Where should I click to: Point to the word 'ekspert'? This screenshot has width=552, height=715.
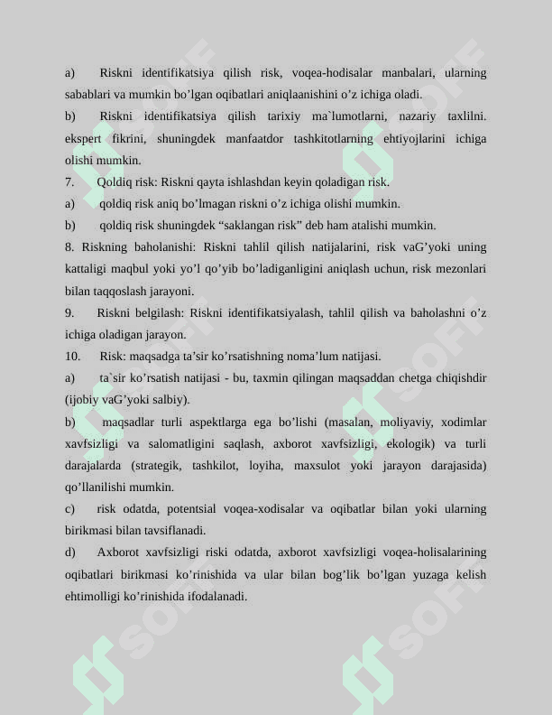pos(83,138)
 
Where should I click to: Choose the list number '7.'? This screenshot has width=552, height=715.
pos(69,181)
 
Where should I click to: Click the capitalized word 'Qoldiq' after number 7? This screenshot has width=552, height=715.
pos(114,181)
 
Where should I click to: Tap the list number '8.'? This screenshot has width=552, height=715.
pos(69,246)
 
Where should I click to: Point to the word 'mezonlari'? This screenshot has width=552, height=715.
pos(461,269)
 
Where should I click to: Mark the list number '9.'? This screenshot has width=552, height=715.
pos(69,312)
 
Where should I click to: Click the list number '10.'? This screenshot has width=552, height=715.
pos(73,356)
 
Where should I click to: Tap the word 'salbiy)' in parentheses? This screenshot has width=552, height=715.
pos(172,399)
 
